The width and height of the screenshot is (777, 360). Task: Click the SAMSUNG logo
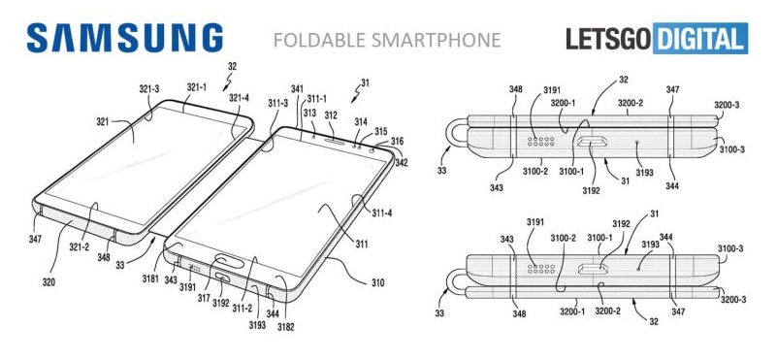125,38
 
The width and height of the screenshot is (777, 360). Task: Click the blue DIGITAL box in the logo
700,38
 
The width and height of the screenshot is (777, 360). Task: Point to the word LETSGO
608,39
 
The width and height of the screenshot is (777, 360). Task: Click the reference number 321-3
149,89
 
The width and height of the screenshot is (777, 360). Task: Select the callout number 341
297,89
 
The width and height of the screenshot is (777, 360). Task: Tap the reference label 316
397,143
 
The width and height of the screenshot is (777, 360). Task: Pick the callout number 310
377,283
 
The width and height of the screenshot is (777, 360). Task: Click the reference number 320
49,283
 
